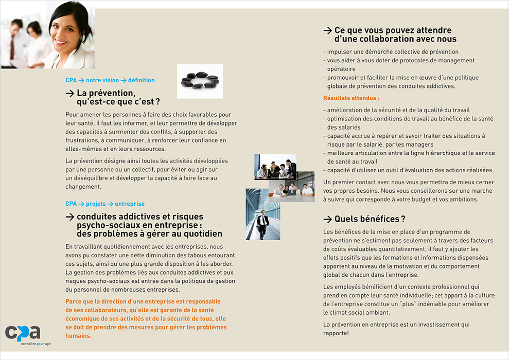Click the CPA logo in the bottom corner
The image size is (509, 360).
(x=23, y=333)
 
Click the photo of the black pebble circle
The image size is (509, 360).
(x=200, y=81)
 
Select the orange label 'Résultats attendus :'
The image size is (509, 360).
(x=351, y=98)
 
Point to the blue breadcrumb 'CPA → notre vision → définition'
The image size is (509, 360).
(x=110, y=80)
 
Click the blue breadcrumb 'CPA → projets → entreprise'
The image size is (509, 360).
(x=105, y=204)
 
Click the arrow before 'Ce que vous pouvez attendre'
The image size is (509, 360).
(x=327, y=30)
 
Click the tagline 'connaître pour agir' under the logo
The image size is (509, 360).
(x=36, y=343)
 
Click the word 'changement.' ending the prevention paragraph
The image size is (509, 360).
(x=83, y=187)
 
